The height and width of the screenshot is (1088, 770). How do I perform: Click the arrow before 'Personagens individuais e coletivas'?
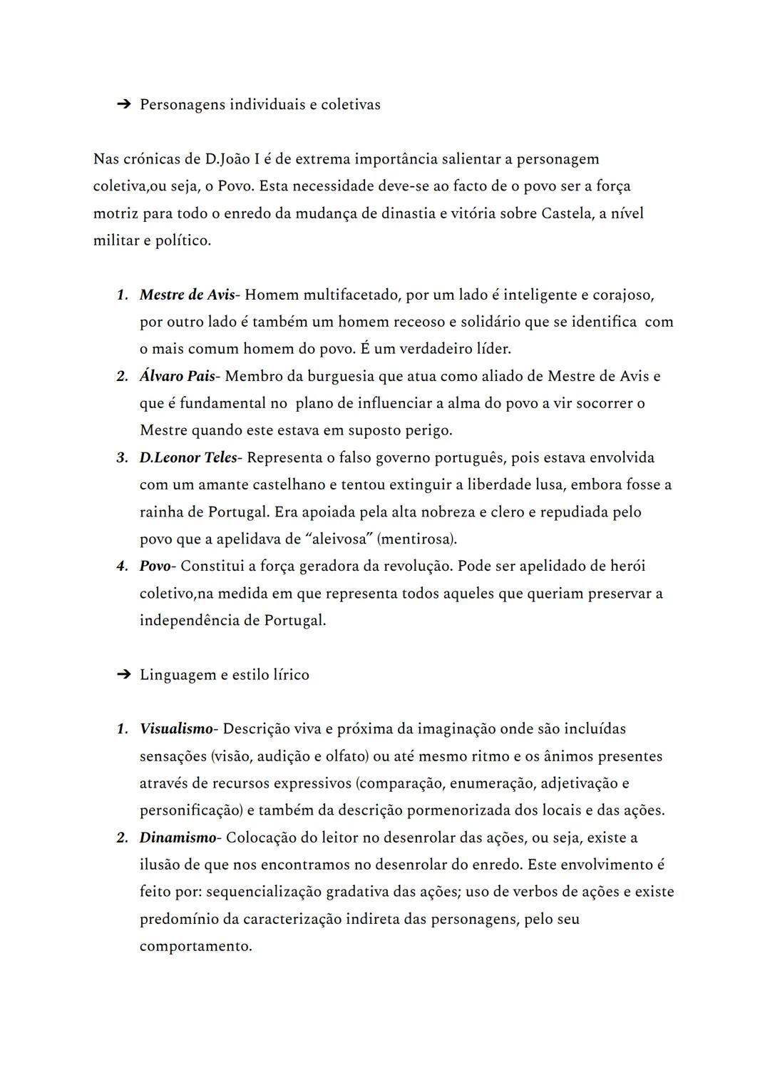[123, 105]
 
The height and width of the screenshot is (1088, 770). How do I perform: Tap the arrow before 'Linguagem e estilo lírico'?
[123, 675]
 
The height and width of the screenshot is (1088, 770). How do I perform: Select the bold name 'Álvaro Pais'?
[177, 376]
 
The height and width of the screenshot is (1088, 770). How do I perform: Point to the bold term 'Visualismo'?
[176, 729]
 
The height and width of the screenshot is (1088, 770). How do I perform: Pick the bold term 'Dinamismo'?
[178, 838]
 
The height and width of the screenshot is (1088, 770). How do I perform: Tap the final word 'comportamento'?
[195, 947]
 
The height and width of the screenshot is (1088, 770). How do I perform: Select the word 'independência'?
[188, 620]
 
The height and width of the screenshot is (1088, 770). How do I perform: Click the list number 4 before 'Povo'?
[122, 566]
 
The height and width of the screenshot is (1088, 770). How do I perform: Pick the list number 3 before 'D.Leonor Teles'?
[122, 458]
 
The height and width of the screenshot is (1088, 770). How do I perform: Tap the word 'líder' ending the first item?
[493, 349]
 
